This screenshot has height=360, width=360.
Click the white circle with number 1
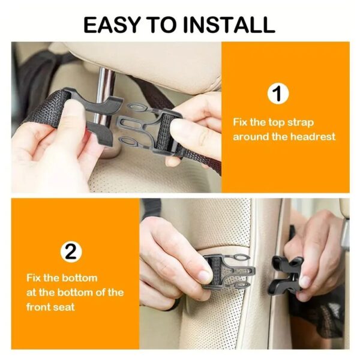click(277, 94)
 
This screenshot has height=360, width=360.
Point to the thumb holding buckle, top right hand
click(186, 127)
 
